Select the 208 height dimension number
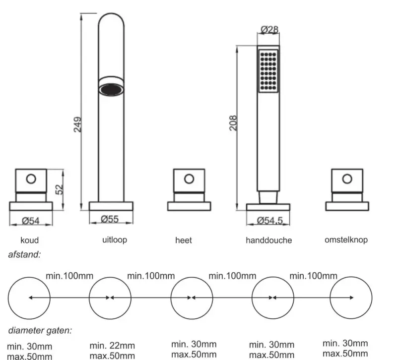(233, 122)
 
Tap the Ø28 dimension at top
(269, 30)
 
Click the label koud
(29, 240)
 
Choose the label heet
(184, 240)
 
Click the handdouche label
(268, 240)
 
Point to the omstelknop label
(346, 240)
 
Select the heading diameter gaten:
(39, 330)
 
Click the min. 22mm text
(112, 345)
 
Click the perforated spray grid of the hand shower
(268, 70)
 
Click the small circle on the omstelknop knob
(346, 178)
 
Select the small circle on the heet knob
(189, 178)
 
